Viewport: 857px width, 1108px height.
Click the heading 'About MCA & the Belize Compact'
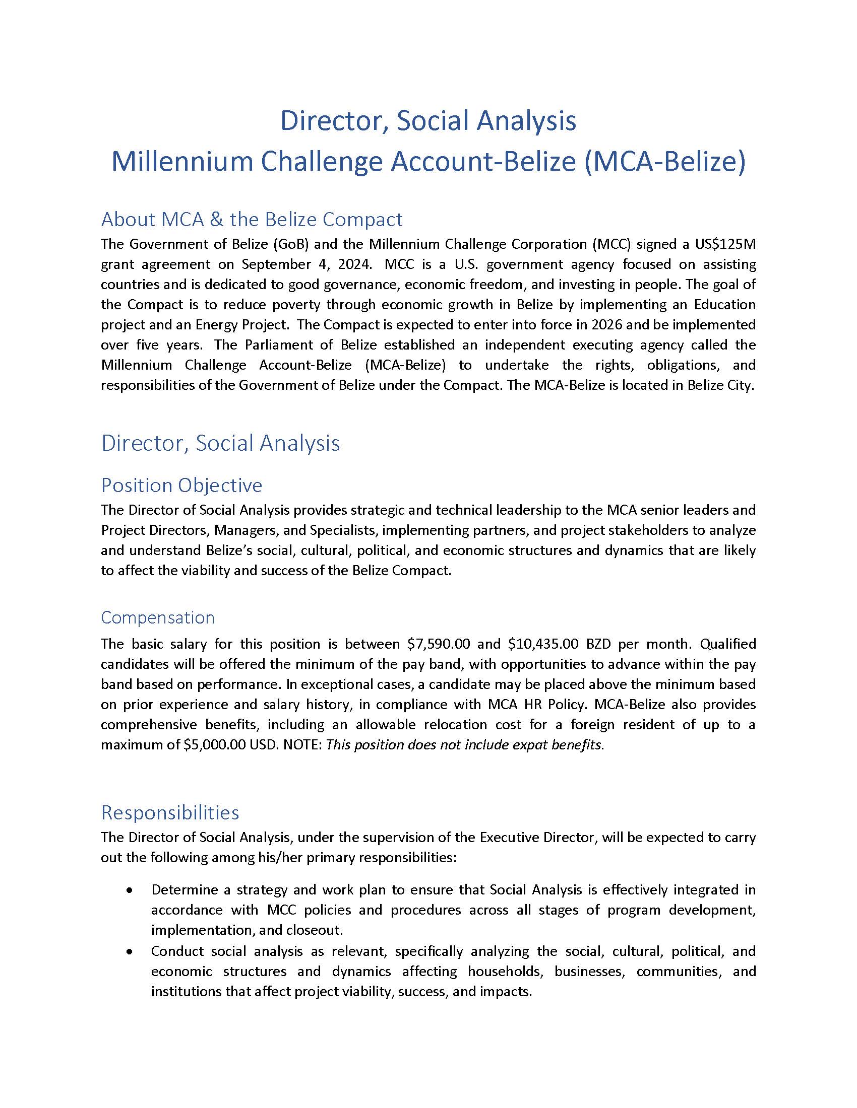(x=252, y=219)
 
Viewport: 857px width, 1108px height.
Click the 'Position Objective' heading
(x=181, y=485)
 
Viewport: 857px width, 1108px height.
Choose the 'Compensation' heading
(x=157, y=617)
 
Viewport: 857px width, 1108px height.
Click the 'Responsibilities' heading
(x=169, y=812)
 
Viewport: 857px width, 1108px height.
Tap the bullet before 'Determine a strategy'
(x=131, y=890)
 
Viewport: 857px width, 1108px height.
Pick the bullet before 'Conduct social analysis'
(x=131, y=951)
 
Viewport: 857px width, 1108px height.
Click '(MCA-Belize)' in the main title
(x=665, y=161)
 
